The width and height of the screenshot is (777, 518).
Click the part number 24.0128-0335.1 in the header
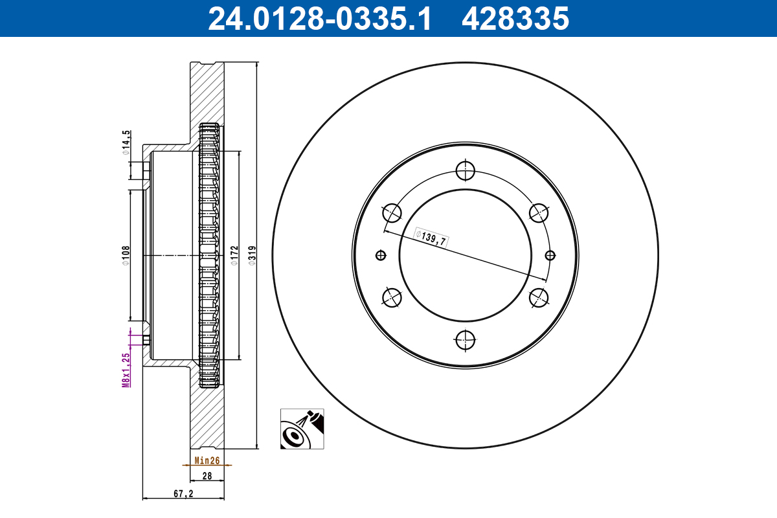pos(319,19)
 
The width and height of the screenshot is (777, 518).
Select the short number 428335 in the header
pos(515,19)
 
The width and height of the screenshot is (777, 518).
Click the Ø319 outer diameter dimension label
pos(252,255)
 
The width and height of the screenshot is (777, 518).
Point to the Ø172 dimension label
pos(234,255)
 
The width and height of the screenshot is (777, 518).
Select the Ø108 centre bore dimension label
pos(126,255)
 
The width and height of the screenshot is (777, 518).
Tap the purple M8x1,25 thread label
pos(127,369)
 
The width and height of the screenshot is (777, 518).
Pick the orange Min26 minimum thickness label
pos(207,461)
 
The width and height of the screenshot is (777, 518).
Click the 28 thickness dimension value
pos(207,477)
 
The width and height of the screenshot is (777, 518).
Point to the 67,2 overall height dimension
pos(183,494)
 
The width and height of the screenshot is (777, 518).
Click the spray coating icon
pos(302,429)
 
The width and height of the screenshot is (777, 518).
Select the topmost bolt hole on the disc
pos(465,171)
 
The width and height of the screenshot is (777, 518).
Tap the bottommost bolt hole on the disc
pos(465,339)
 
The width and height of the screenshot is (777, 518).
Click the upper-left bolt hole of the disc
pos(392,212)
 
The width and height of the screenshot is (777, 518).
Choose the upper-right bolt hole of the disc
pos(539,212)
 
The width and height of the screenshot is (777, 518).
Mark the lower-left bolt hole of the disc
pos(392,297)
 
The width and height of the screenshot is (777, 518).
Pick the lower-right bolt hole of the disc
pos(539,297)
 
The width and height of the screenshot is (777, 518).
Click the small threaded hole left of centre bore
pos(381,255)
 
